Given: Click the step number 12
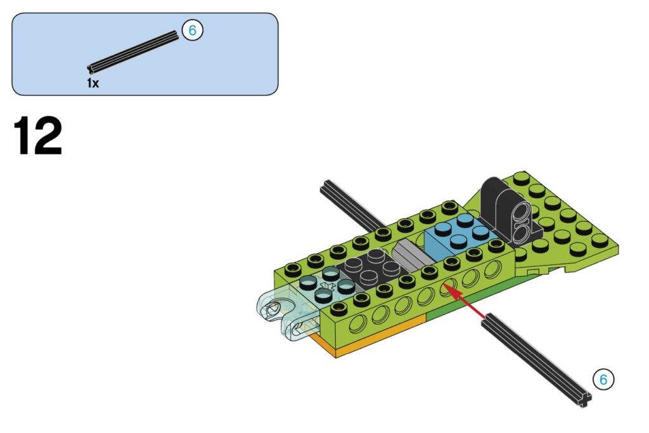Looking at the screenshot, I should coord(37,136).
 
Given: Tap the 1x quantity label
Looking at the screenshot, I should coord(93,83).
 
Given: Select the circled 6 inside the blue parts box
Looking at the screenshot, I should coord(192,30).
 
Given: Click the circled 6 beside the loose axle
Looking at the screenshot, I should coord(603,379).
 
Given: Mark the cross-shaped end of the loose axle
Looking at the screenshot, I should coord(584,399).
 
